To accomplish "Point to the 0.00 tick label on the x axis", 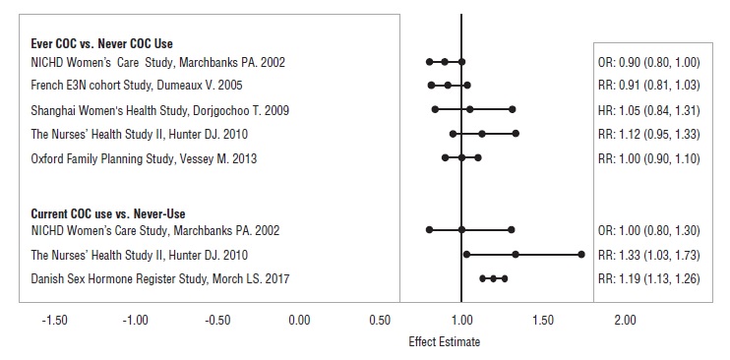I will (x=298, y=320).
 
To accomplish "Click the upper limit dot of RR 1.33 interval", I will (x=580, y=255).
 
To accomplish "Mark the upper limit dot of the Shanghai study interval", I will (x=512, y=109).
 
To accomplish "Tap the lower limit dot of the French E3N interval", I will (x=431, y=86).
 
